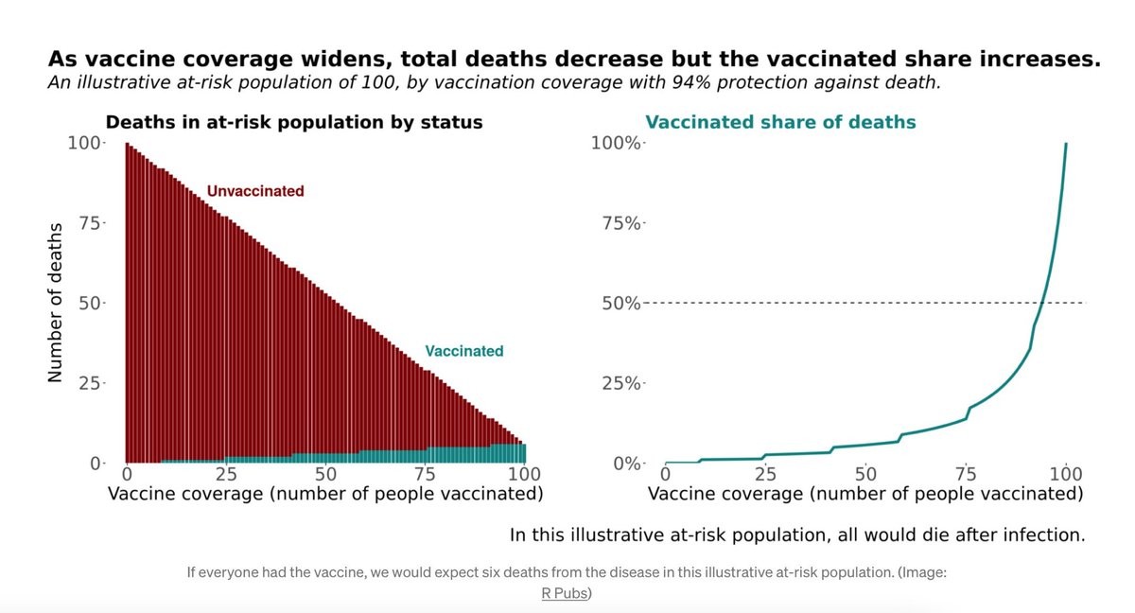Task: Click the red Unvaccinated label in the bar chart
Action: [x=255, y=191]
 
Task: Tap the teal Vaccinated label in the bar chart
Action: [x=463, y=351]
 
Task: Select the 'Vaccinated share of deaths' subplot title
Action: [x=780, y=122]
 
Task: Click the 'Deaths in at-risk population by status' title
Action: [x=294, y=122]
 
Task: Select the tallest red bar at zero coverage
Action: [x=128, y=303]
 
